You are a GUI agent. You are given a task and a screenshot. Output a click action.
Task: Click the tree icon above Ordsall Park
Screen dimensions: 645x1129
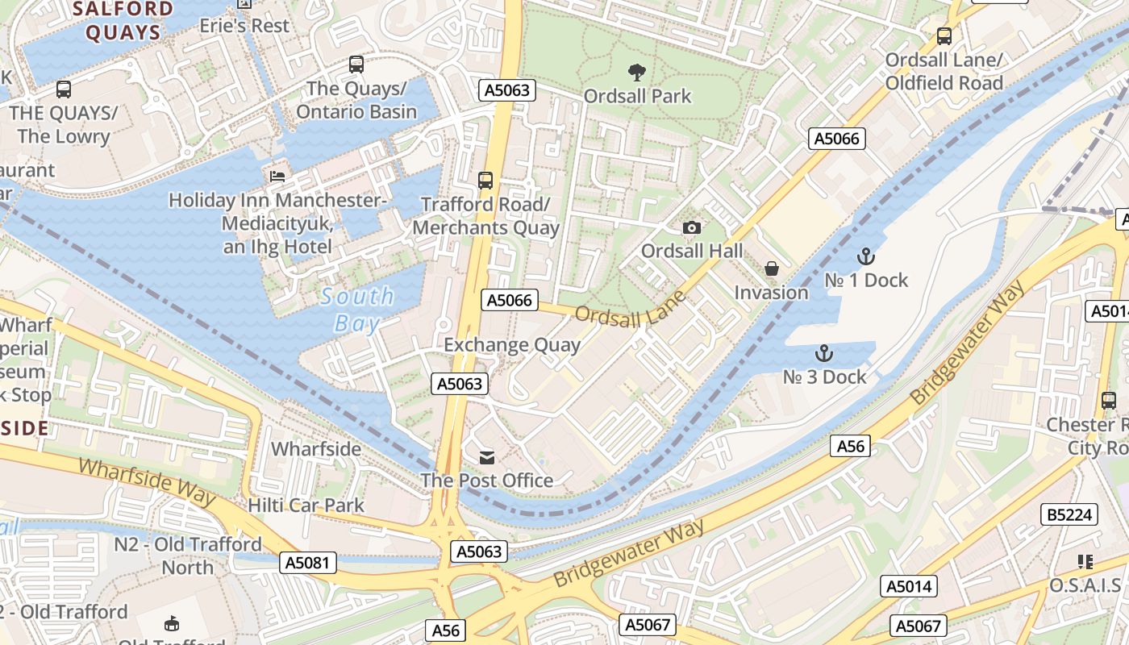pos(636,73)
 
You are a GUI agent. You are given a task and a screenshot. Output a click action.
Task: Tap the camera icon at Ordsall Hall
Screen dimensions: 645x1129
pos(691,228)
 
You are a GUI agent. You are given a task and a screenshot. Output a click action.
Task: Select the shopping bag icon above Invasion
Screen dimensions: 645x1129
pos(771,268)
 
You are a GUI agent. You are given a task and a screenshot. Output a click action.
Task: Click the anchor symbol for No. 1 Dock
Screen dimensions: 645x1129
pos(865,257)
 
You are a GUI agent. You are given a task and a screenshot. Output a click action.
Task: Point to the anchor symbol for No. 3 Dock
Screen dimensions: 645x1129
pos(823,353)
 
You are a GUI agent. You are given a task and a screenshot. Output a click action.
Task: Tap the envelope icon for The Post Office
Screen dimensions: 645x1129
pos(487,458)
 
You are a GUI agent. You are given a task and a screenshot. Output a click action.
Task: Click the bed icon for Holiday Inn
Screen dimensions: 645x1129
pos(277,176)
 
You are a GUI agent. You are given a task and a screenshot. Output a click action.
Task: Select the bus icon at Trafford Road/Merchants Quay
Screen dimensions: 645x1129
pos(485,181)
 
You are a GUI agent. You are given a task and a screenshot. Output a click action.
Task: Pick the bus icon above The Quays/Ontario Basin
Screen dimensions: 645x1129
pos(356,64)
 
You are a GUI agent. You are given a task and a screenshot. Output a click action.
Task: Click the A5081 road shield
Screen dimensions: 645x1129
pos(308,563)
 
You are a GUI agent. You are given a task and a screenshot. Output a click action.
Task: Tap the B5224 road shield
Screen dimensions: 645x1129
pos(1070,514)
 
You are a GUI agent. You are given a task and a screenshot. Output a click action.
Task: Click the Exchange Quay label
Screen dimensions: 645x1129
pos(512,345)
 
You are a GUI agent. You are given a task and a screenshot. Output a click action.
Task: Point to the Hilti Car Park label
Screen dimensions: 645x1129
pos(306,506)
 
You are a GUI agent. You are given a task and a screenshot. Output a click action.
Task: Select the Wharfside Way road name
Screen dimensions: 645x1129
pos(148,481)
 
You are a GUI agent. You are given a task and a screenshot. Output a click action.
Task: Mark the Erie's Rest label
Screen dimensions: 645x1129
pos(244,26)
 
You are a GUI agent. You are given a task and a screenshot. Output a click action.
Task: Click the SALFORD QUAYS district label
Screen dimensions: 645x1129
pos(123,21)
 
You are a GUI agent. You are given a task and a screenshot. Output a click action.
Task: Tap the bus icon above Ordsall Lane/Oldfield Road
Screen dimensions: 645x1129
pos(944,36)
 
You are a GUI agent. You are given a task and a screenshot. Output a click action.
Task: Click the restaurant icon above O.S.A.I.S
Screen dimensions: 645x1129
pos(1085,562)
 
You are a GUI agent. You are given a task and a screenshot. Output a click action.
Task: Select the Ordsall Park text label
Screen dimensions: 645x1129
pos(637,96)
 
